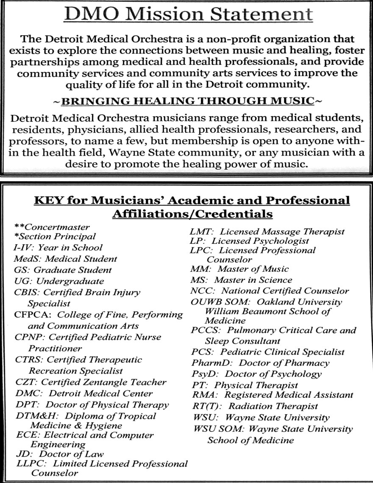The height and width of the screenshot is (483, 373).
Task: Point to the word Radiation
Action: click(x=250, y=406)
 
